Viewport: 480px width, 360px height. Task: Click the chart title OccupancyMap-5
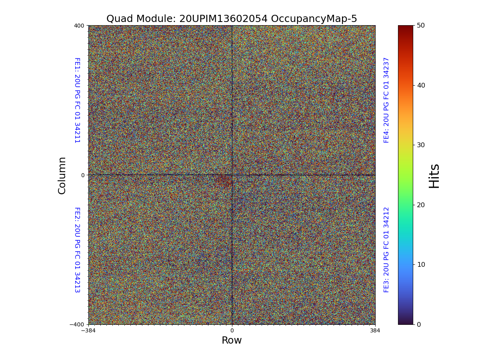(232, 19)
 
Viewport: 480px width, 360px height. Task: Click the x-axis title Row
(232, 340)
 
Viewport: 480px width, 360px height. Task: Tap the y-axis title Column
(62, 175)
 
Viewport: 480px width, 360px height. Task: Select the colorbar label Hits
(434, 176)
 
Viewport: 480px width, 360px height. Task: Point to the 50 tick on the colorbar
(420, 25)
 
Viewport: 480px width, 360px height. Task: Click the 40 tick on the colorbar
(420, 85)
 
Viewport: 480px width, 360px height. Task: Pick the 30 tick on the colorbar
(420, 145)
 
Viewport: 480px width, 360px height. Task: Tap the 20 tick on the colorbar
(420, 205)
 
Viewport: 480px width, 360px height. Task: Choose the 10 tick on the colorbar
(420, 264)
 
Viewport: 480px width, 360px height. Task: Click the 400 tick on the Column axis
(79, 26)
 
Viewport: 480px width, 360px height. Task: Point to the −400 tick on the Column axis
(77, 324)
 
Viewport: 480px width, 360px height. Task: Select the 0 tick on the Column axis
(83, 175)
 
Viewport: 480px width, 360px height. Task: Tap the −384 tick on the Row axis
(88, 331)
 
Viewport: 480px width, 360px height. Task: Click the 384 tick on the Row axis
(375, 331)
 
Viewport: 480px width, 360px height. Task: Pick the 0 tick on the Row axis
(232, 331)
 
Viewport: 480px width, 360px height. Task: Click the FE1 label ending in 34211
(77, 100)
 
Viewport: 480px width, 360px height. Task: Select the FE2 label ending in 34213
(77, 250)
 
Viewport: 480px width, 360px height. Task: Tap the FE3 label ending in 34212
(386, 250)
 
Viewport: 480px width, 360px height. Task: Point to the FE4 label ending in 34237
(386, 100)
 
